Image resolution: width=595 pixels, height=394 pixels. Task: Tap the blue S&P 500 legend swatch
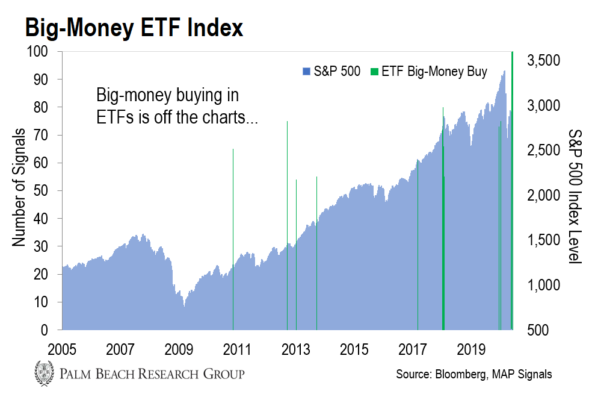click(x=307, y=72)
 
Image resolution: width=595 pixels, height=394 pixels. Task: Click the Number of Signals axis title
click(x=19, y=187)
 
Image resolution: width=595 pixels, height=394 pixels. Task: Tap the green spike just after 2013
click(x=296, y=253)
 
